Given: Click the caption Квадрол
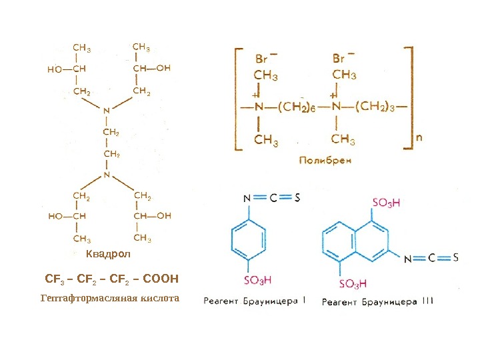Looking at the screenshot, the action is coord(109,255).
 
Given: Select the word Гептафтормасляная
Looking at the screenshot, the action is coord(81,298).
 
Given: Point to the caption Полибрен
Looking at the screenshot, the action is coord(325,160).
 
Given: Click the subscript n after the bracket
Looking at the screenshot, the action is coord(419,137).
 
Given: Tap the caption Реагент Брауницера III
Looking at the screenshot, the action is coord(377,301).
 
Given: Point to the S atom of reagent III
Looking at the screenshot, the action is coord(455,257).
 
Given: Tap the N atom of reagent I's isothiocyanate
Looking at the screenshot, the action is coord(247,197).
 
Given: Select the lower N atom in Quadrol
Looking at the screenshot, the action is coord(106,175).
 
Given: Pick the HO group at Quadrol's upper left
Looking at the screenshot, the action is coord(55,68).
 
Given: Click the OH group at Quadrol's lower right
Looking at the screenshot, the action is coord(163,215).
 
